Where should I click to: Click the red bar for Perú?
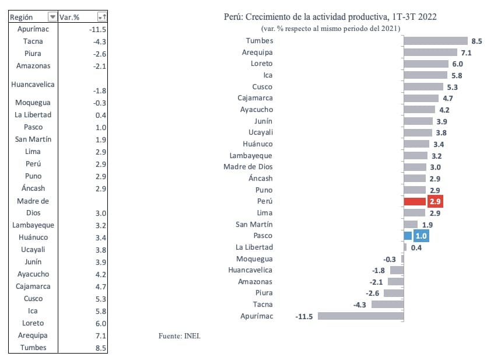pyautogui.click(x=414, y=201)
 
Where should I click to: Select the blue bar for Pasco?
pyautogui.click(x=408, y=236)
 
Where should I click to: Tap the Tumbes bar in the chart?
pyautogui.click(x=436, y=41)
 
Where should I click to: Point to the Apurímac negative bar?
pyautogui.click(x=360, y=316)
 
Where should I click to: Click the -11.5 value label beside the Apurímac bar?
pyautogui.click(x=304, y=316)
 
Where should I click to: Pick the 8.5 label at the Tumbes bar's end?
pyautogui.click(x=477, y=41)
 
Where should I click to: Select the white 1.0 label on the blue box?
pyautogui.click(x=421, y=236)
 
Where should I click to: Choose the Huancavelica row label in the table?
pyautogui.click(x=33, y=84)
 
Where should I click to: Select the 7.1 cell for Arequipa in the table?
pyautogui.click(x=99, y=335)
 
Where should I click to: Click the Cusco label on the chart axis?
pyautogui.click(x=262, y=87)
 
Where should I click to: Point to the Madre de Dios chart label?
pyautogui.click(x=248, y=167)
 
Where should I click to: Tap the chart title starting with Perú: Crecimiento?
pyautogui.click(x=330, y=17)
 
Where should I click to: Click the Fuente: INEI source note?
pyautogui.click(x=183, y=335)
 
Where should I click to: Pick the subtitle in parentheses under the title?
pyautogui.click(x=331, y=29)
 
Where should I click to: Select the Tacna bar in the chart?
pyautogui.click(x=388, y=304)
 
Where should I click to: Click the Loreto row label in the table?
pyautogui.click(x=33, y=323)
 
